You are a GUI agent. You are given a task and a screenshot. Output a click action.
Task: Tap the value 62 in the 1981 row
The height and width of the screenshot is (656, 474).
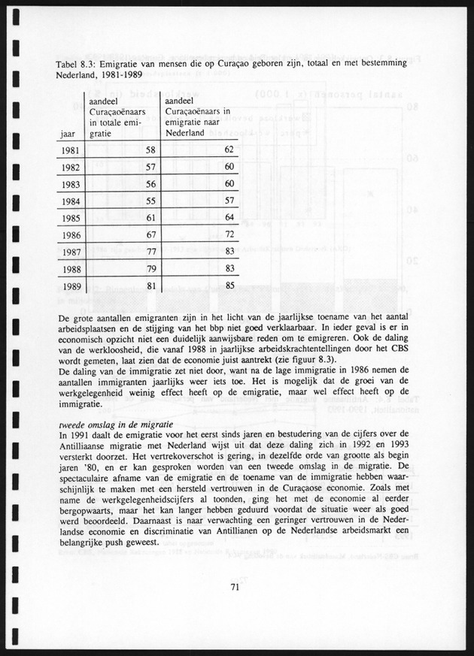pos(229,150)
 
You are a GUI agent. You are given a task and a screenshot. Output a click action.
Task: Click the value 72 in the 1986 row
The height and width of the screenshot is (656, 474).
pos(229,235)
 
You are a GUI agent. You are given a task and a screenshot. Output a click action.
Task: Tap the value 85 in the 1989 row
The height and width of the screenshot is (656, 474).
pos(229,286)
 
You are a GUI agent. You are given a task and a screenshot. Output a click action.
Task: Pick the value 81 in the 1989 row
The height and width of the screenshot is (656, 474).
pos(150,286)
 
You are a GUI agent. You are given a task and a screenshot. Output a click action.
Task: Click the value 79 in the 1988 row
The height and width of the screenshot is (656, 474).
pos(150,269)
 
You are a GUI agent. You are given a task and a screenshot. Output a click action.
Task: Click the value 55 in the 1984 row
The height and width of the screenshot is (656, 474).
pos(150,201)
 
